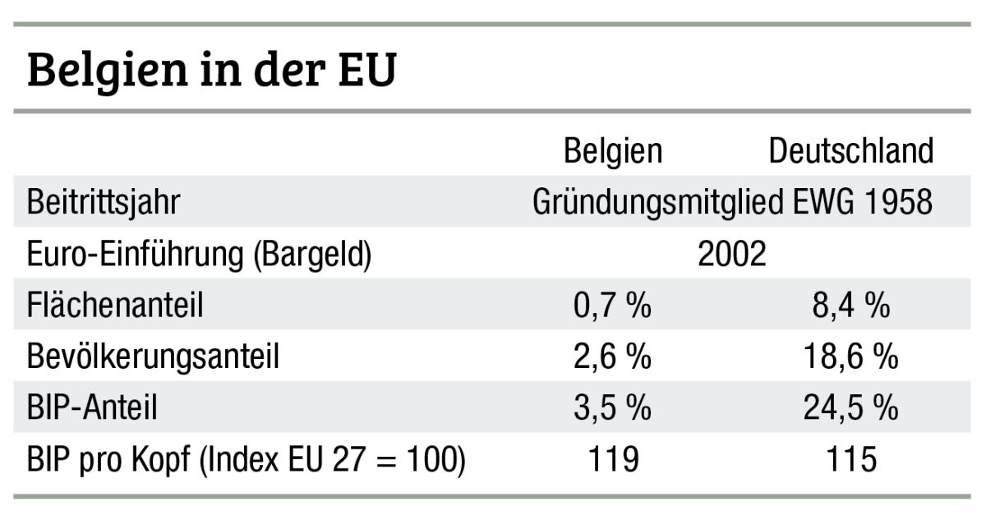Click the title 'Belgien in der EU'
[x=212, y=71]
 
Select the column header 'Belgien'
[x=613, y=151]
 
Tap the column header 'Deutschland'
[x=850, y=151]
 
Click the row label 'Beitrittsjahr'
[x=103, y=202]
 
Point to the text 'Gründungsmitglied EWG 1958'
[x=732, y=202]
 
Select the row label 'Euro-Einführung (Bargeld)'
[x=199, y=254]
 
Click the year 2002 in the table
[x=731, y=254]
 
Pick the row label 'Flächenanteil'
[x=114, y=306]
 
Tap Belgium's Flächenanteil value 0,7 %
[x=613, y=306]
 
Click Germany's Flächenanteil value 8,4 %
[x=850, y=306]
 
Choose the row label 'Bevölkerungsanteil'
[x=153, y=357]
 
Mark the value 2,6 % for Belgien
[x=613, y=357]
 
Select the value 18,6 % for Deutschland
[x=850, y=357]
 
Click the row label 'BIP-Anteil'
[x=91, y=408]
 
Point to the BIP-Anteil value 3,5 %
[x=613, y=408]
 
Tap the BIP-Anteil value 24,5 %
[x=850, y=408]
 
